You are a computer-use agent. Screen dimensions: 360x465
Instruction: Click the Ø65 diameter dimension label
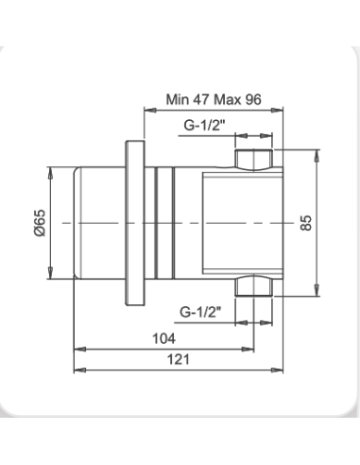[40, 222]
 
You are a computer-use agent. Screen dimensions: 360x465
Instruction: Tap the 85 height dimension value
[306, 223]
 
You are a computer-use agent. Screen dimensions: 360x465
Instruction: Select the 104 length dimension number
[163, 338]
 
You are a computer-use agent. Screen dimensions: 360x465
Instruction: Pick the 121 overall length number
[179, 359]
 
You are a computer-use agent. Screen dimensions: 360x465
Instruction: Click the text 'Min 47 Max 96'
[214, 99]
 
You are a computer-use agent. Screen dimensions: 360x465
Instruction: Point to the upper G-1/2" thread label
[205, 125]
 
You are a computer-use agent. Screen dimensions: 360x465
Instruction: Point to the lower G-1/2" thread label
[200, 312]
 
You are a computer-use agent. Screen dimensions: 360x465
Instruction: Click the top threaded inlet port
[254, 160]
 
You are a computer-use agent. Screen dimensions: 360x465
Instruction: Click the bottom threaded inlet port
[254, 285]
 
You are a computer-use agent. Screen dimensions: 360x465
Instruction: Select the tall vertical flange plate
[135, 223]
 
